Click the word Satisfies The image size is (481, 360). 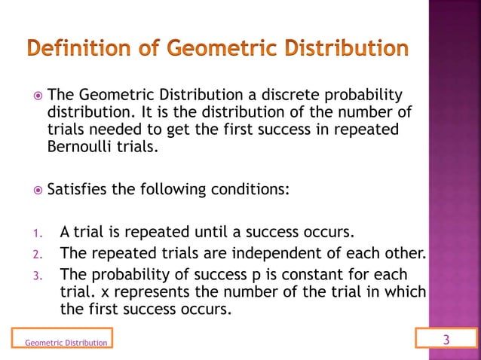77,188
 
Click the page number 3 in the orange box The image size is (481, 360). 446,340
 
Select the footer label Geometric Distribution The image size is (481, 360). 66,343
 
